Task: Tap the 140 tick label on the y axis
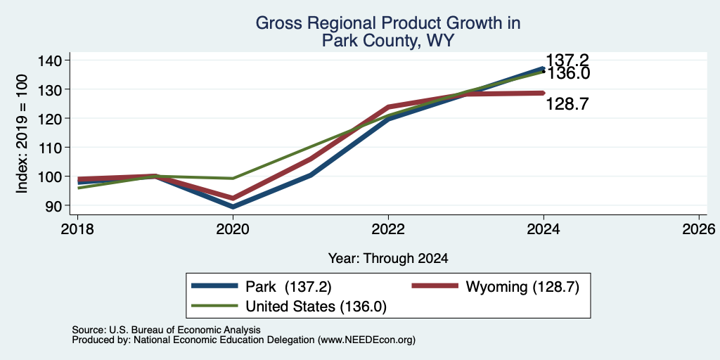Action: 56,60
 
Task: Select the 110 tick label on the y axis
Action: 56,148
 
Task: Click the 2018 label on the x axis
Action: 77,229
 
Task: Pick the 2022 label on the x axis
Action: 388,229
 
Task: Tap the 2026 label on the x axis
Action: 699,229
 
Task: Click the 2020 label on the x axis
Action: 233,229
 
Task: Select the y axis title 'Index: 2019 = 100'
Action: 22,134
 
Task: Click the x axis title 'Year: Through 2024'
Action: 388,259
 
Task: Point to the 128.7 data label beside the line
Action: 567,105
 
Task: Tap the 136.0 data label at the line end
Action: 567,73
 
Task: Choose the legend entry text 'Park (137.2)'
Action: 288,287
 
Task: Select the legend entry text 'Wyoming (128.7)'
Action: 522,287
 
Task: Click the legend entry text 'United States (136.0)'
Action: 316,307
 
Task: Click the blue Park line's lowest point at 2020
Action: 233,207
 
